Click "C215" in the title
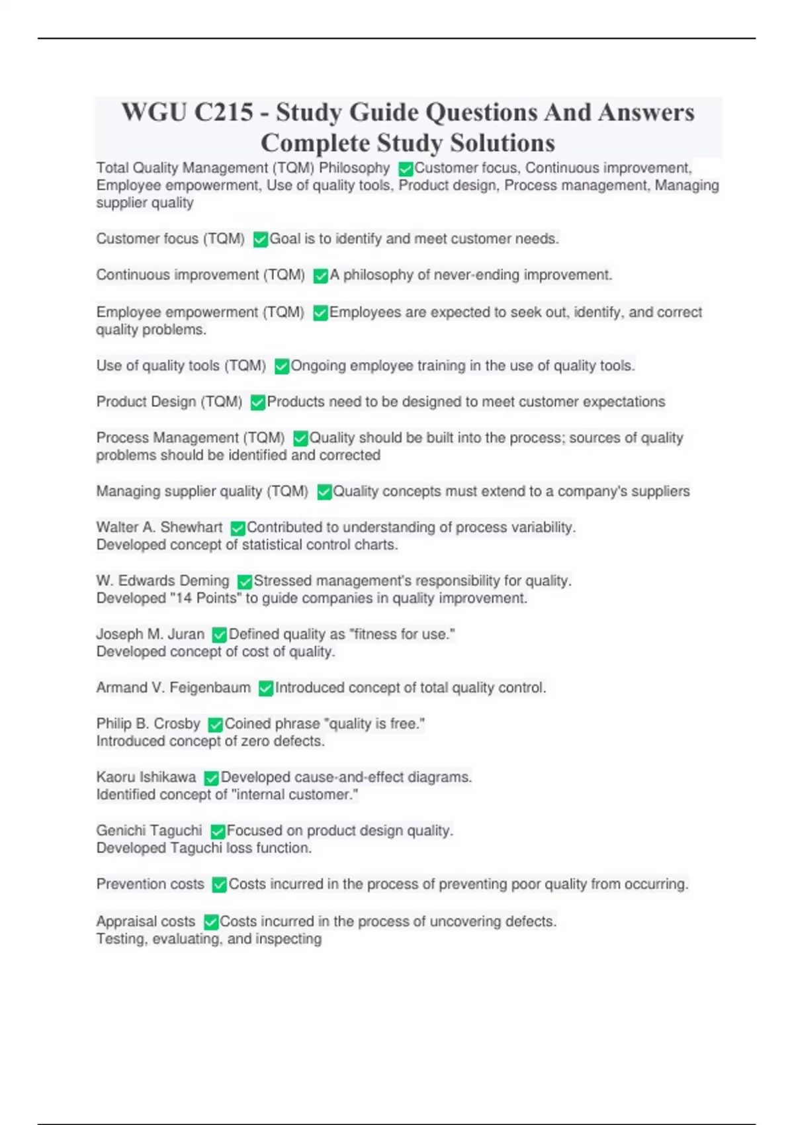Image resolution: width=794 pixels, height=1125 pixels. (224, 112)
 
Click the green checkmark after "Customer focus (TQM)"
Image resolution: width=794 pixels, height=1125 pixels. (260, 240)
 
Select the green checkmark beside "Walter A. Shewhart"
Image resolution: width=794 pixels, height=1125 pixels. (238, 528)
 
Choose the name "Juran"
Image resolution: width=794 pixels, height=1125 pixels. (186, 634)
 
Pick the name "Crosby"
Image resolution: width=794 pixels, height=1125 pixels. (177, 723)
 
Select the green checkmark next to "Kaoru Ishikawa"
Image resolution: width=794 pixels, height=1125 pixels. (211, 778)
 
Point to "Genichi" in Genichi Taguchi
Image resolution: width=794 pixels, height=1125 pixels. (120, 831)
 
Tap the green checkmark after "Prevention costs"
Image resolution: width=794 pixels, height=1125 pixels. (219, 885)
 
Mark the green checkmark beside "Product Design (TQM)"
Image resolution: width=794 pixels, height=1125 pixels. (257, 402)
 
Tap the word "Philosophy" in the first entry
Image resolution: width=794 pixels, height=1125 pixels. (354, 168)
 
